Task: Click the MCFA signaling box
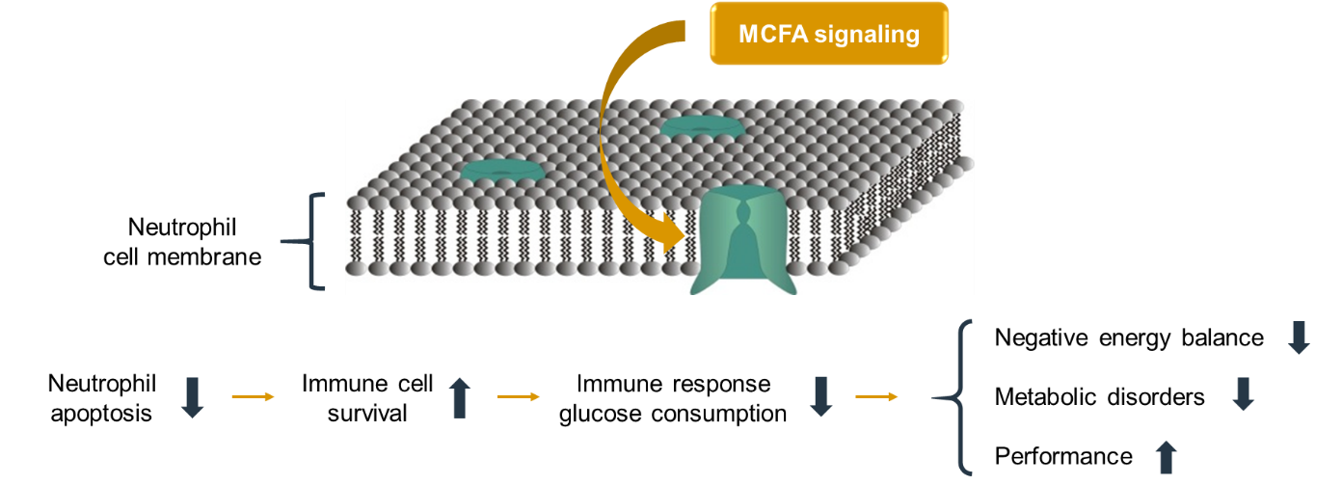(x=829, y=34)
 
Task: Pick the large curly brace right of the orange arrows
(x=957, y=397)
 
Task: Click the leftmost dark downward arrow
(x=192, y=397)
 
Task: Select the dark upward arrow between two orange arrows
(x=460, y=397)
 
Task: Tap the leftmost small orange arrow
(x=253, y=396)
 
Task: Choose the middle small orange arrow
(x=519, y=396)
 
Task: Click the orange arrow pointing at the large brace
(x=876, y=396)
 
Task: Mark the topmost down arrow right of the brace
(x=1299, y=337)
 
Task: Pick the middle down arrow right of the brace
(x=1243, y=393)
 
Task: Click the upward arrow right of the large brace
(x=1166, y=456)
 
